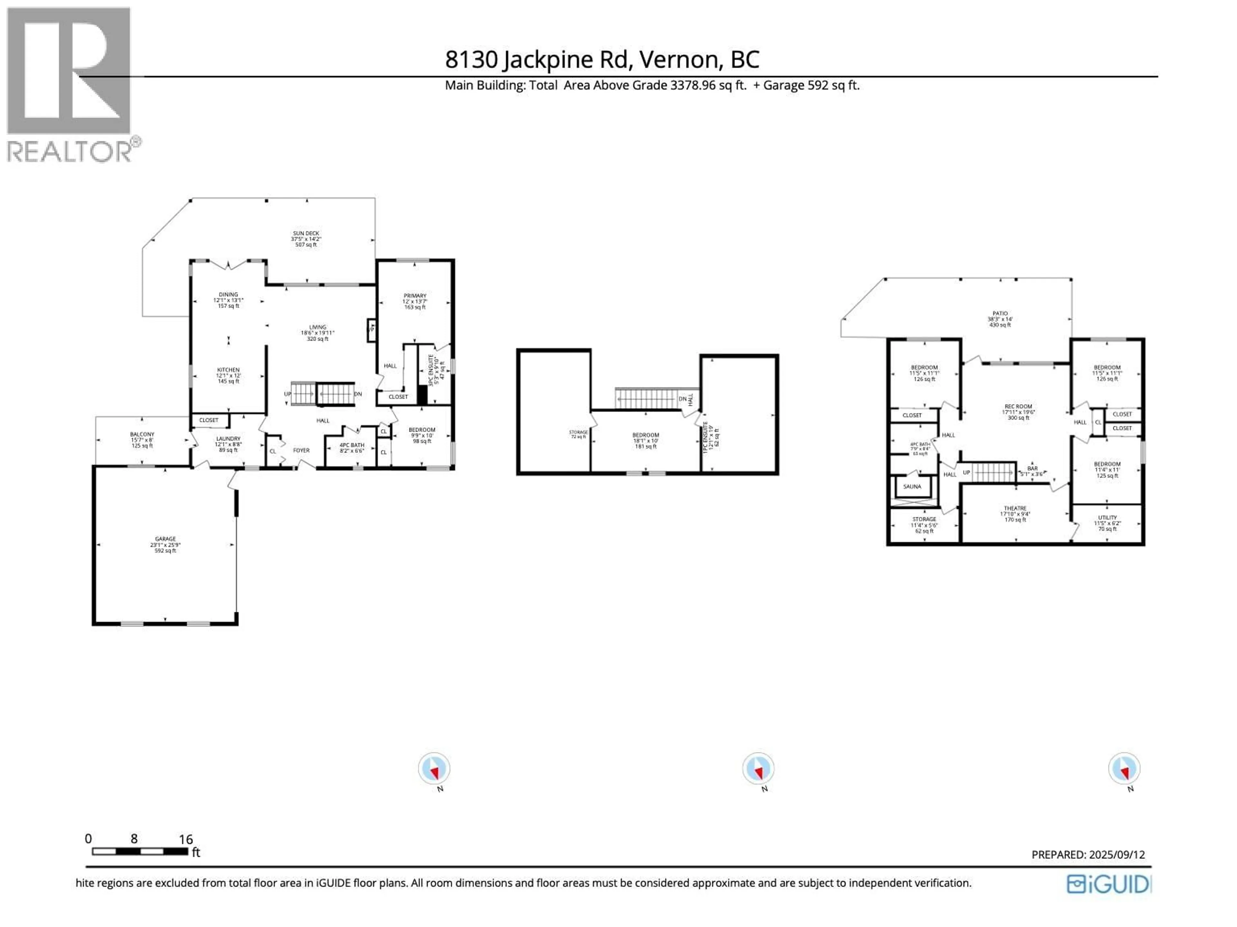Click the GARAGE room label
(x=166, y=539)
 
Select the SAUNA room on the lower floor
(x=912, y=486)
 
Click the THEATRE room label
(x=1015, y=508)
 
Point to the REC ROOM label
(x=1018, y=406)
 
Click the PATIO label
(x=1000, y=314)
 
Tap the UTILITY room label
(x=1107, y=517)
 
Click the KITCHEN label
(x=228, y=369)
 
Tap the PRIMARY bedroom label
(x=415, y=296)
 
